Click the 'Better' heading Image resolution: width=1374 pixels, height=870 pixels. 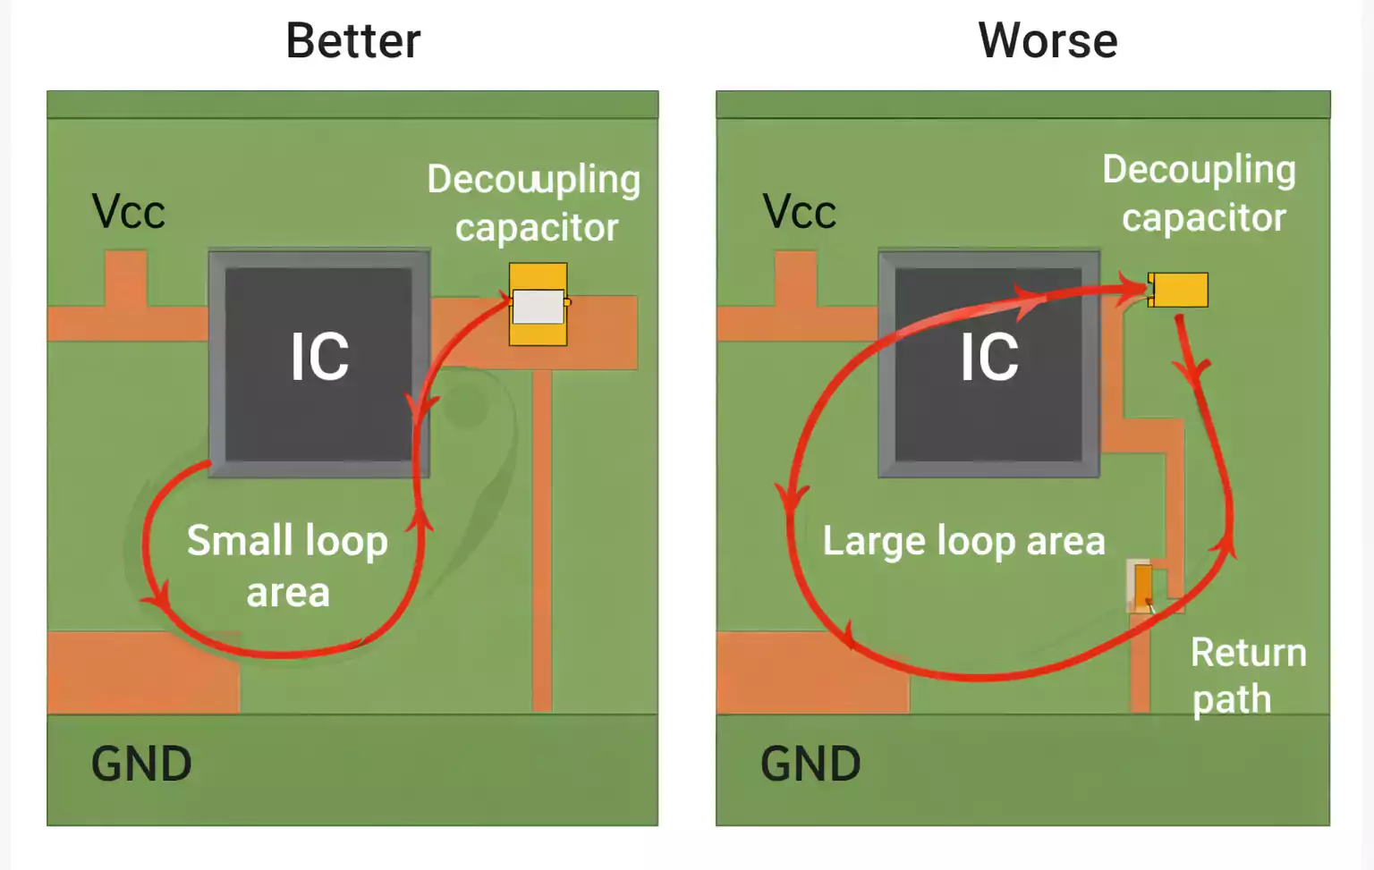point(352,41)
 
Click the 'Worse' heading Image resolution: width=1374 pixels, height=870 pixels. point(1047,41)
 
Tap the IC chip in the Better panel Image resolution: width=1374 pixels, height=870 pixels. point(318,362)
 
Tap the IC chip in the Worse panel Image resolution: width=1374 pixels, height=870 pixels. point(988,362)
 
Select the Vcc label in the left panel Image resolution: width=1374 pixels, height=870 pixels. point(128,213)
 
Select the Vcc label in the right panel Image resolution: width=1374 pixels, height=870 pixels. point(799,213)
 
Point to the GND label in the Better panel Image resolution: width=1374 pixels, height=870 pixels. point(141,764)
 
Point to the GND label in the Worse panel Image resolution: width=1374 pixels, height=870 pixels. point(810,764)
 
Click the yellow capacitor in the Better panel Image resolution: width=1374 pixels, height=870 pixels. point(538,304)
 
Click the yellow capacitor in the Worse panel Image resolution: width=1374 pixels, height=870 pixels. point(1180,290)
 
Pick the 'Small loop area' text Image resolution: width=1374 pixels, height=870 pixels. point(287,566)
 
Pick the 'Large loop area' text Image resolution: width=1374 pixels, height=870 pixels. point(963,542)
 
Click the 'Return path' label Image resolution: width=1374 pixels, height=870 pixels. point(1247,676)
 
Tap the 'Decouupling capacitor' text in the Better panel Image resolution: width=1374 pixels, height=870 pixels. point(534,203)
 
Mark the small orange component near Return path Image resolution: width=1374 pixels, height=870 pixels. point(1142,587)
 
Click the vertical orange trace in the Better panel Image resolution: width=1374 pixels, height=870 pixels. point(542,536)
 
